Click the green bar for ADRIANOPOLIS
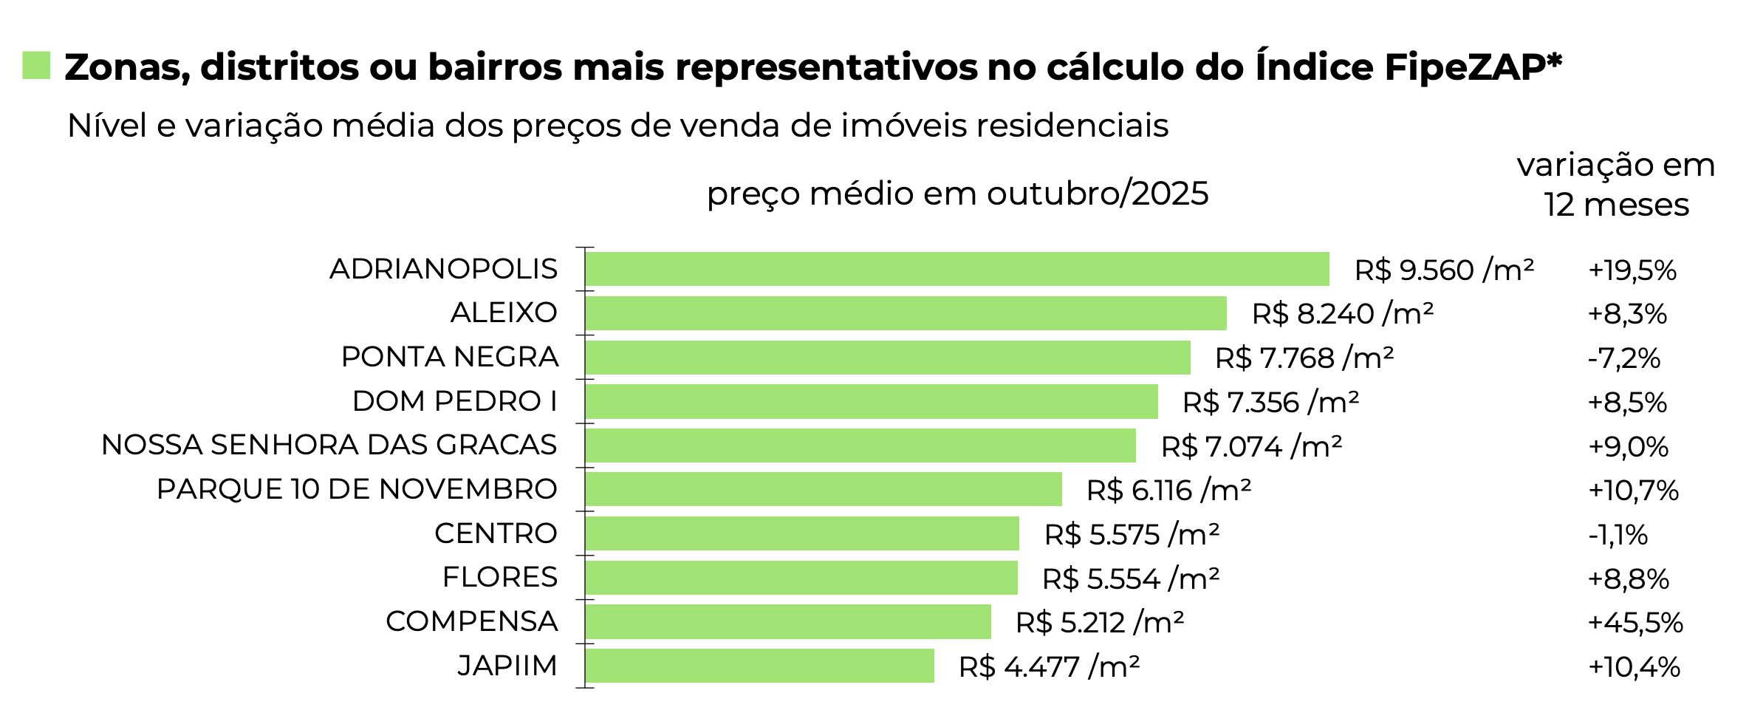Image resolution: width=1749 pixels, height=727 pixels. [956, 269]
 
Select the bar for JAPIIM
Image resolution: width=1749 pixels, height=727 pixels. [759, 666]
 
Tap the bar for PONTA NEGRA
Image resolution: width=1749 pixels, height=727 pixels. [887, 358]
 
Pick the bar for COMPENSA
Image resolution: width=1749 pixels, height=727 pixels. [787, 621]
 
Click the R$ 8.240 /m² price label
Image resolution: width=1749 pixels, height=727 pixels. [1342, 314]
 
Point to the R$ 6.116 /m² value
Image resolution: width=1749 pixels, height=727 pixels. [1168, 491]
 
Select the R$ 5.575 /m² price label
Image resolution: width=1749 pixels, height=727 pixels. [1132, 534]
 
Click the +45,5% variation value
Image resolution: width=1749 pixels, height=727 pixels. [1635, 623]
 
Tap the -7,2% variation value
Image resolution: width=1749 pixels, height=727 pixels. [1623, 358]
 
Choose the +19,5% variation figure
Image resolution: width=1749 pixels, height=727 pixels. [1632, 270]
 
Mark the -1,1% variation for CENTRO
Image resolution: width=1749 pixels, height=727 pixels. [1618, 535]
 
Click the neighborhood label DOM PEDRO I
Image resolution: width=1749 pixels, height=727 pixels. [454, 401]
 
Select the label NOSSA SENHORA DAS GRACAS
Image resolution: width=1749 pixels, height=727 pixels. [329, 445]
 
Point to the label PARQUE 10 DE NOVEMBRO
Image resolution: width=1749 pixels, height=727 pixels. [357, 489]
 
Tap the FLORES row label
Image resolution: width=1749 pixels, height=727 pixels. [499, 577]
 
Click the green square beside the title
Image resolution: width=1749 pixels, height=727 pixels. [36, 65]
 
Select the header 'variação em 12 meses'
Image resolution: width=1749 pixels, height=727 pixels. [1616, 185]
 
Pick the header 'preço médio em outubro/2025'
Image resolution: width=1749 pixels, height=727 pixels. [957, 194]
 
